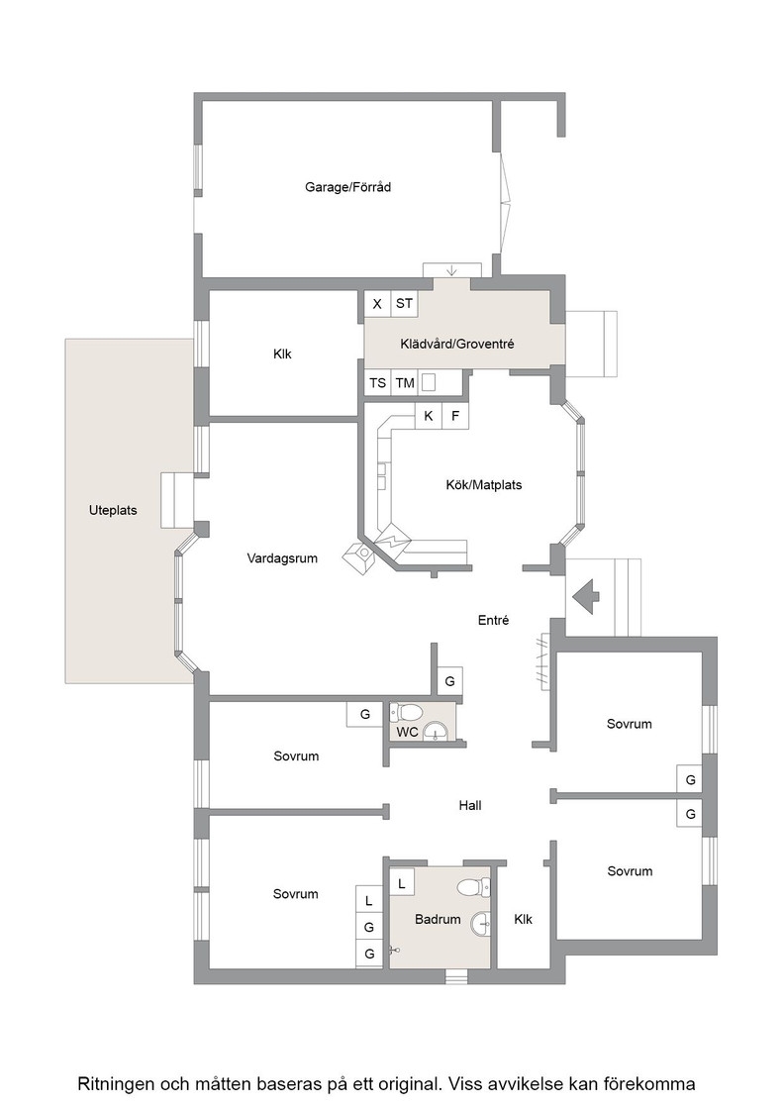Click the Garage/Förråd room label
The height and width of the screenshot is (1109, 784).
point(347,187)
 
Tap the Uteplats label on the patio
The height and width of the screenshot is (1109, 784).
point(113,510)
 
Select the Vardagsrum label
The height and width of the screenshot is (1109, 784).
point(282,558)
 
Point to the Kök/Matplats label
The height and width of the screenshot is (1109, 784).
point(483,485)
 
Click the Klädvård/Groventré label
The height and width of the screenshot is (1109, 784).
point(456,345)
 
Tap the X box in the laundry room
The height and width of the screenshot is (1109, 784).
point(377,304)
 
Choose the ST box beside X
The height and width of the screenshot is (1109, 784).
point(404,304)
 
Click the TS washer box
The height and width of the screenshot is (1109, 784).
point(377,382)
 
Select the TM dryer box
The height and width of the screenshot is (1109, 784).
point(404,382)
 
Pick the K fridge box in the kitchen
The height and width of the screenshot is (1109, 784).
point(429,416)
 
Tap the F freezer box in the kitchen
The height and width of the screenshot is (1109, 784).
point(455,416)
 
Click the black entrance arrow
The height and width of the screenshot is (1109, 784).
point(585,598)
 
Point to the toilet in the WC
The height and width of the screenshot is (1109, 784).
point(407,711)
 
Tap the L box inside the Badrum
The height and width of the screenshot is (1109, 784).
point(402,883)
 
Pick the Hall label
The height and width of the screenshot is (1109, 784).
point(470,806)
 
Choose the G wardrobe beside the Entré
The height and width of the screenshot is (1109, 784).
point(449,682)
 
